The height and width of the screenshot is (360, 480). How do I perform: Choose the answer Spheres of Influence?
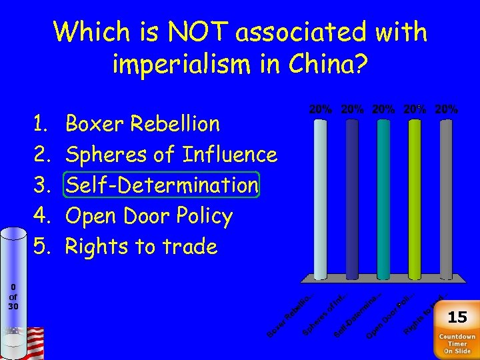pyautogui.click(x=170, y=155)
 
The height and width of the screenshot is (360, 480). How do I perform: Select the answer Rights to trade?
pyautogui.click(x=141, y=247)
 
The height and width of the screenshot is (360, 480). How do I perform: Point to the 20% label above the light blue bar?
pyautogui.click(x=321, y=109)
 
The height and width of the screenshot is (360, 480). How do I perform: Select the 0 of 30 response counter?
pyautogui.click(x=13, y=297)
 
